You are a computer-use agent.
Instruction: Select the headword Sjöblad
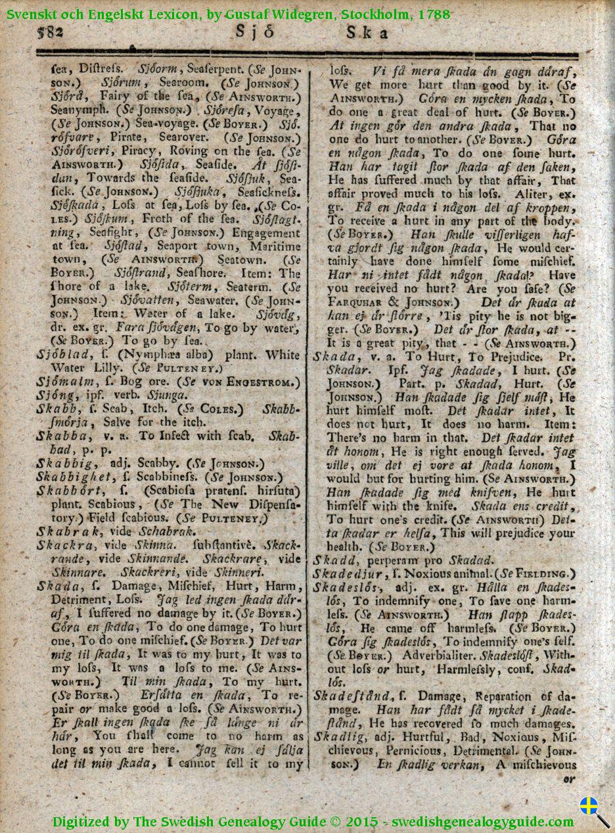click(x=61, y=355)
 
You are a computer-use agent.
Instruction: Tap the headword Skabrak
click(x=63, y=531)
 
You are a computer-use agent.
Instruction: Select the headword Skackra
click(x=61, y=545)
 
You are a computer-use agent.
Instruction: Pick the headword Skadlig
click(x=336, y=736)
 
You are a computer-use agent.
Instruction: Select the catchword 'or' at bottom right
click(x=569, y=779)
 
